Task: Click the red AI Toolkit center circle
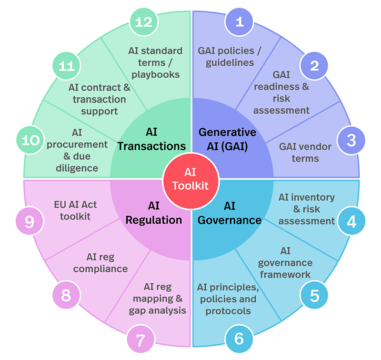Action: [x=190, y=180]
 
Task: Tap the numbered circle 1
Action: [x=240, y=21]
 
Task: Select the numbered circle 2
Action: [x=314, y=65]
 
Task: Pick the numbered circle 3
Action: [x=351, y=140]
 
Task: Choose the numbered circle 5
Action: [x=314, y=295]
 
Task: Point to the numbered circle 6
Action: [x=239, y=339]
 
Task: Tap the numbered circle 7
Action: [x=141, y=339]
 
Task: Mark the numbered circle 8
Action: [x=66, y=296]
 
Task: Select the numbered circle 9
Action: [x=30, y=221]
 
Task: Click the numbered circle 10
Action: [x=30, y=140]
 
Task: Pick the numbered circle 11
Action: [x=66, y=65]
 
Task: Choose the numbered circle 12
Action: [x=141, y=21]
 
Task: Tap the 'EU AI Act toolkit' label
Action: [x=75, y=210]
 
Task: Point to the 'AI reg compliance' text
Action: [x=107, y=263]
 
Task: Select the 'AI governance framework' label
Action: [x=285, y=262]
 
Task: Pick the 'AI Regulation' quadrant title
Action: [x=157, y=214]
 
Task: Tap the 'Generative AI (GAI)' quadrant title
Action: [x=227, y=139]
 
